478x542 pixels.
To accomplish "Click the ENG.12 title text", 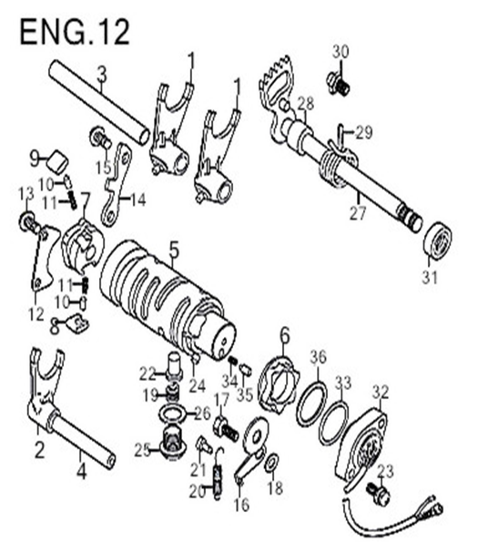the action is tap(75, 32).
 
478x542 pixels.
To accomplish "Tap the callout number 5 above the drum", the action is tap(174, 251).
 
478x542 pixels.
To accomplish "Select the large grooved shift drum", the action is tap(168, 300).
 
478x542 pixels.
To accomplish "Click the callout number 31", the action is tap(430, 278).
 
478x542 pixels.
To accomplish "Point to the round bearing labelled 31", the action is tap(438, 240).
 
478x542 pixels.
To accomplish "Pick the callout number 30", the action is tap(341, 53).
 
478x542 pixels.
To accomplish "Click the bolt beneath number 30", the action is tap(338, 84).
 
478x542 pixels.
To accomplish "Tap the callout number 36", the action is tap(318, 357).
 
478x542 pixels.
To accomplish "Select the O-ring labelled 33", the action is tap(333, 423).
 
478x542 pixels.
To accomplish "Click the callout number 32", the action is tap(381, 393).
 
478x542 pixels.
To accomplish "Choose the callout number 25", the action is tap(142, 450).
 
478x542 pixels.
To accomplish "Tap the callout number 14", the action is tap(137, 199).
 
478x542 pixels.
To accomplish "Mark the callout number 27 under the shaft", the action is tap(357, 213).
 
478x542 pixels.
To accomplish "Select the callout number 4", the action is tap(82, 470).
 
